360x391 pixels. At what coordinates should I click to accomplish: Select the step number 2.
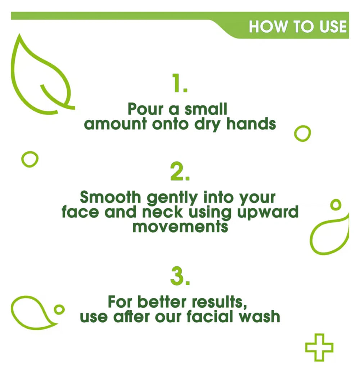pyautogui.click(x=180, y=173)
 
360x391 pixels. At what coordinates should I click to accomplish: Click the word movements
pyautogui.click(x=180, y=227)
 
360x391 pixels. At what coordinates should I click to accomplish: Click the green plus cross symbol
pyautogui.click(x=319, y=347)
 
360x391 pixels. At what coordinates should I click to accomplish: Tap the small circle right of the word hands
pyautogui.click(x=302, y=134)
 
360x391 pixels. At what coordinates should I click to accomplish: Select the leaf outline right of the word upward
pyautogui.click(x=329, y=236)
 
